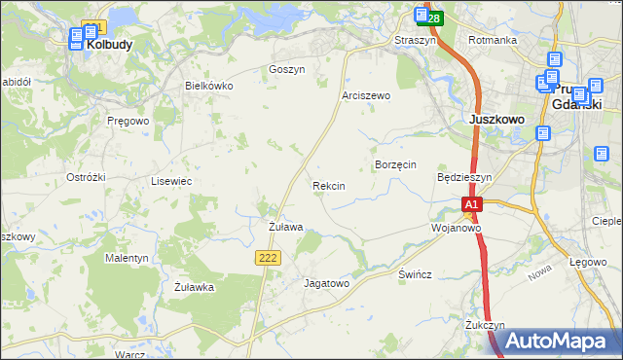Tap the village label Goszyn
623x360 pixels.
[x=286, y=70]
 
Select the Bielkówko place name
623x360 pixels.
[x=209, y=86]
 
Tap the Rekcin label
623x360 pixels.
[x=328, y=185]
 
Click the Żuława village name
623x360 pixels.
[x=285, y=227]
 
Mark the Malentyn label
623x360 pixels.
[x=127, y=258]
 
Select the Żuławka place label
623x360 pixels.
[x=194, y=287]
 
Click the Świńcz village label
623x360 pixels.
[x=415, y=274]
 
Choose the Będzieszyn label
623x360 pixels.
[x=465, y=178]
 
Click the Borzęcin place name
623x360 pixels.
[x=395, y=165]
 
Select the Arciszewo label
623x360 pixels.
[x=366, y=96]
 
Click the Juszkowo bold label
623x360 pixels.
[x=496, y=119]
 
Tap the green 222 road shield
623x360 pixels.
[x=270, y=256]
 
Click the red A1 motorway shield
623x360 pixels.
[x=472, y=205]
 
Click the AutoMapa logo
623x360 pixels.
[x=555, y=341]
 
